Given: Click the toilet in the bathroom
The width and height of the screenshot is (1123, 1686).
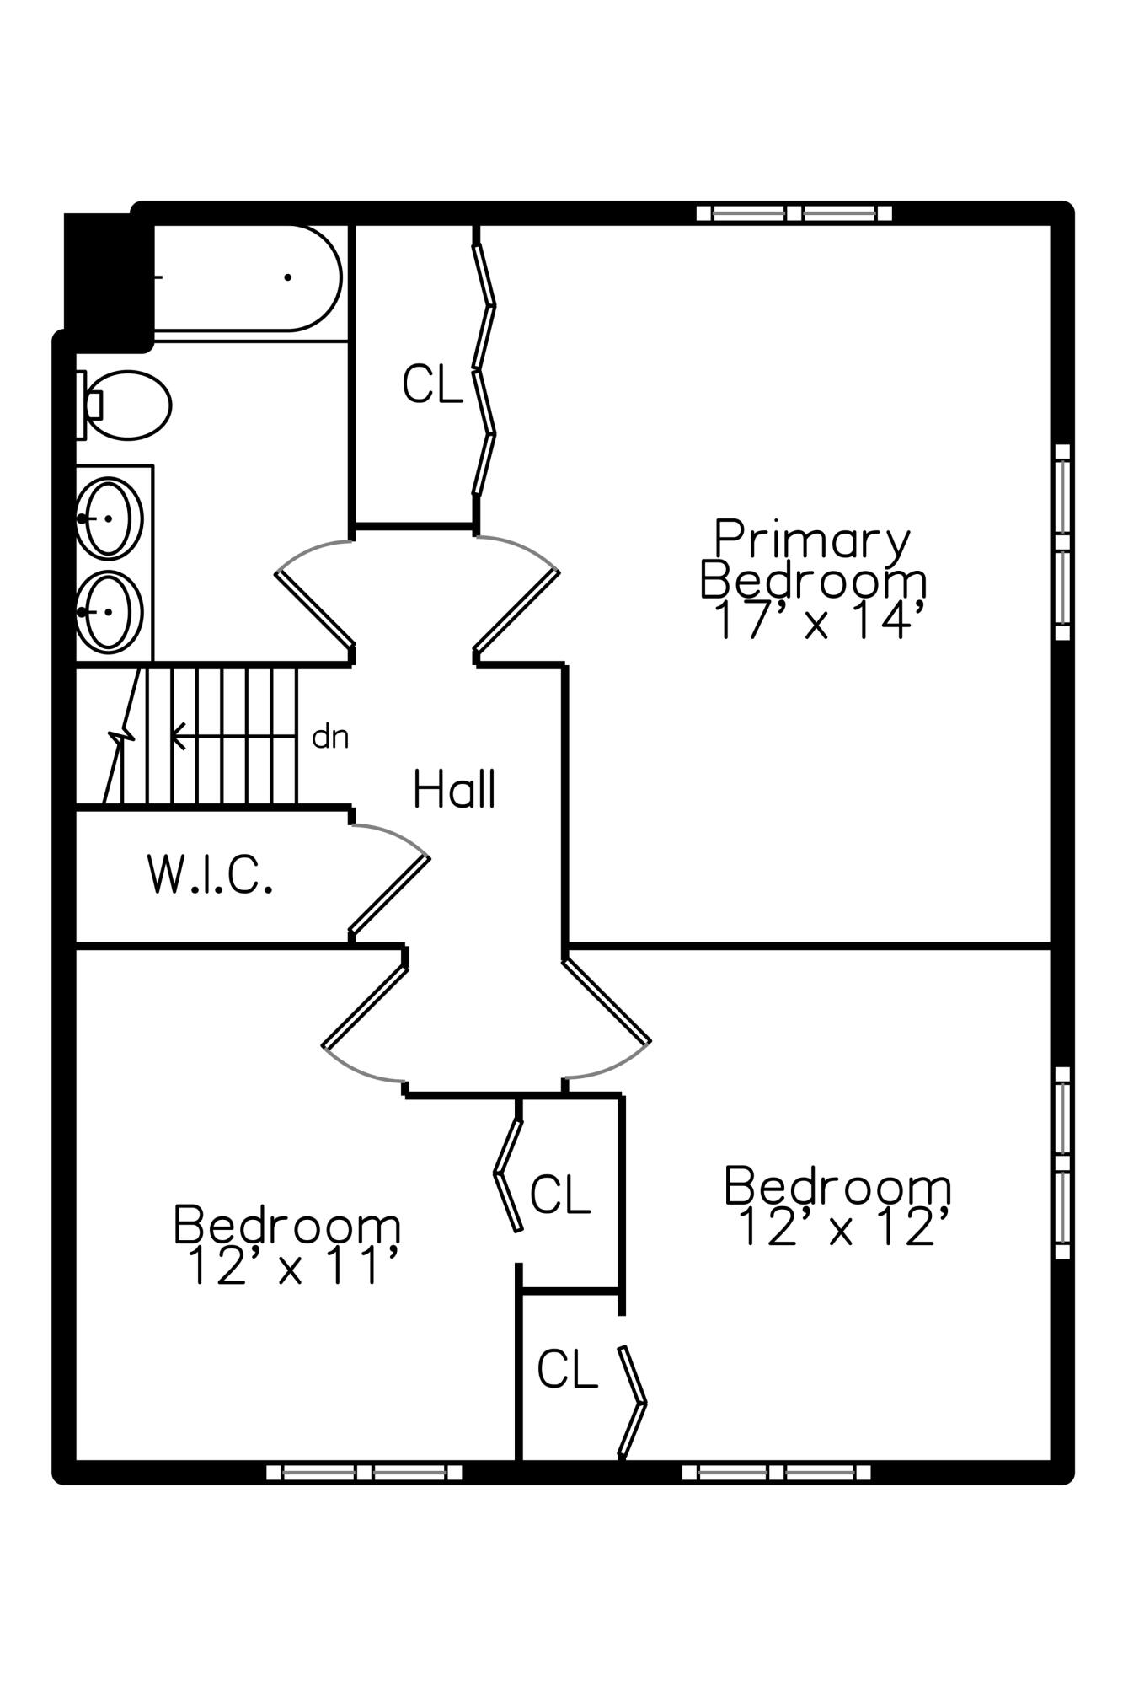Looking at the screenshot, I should [126, 405].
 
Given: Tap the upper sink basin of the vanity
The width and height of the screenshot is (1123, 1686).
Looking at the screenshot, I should [110, 518].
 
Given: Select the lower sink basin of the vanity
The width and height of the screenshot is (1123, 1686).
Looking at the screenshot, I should [110, 611].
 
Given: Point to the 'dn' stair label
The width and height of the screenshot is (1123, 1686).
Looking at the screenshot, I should [329, 737].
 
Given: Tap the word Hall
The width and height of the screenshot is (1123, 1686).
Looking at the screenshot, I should [454, 790].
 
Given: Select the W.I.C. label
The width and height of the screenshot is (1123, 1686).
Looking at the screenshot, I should [210, 874].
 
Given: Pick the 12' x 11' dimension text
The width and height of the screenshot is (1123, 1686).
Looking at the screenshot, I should [289, 1266].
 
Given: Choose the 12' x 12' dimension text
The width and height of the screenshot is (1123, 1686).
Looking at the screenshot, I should [842, 1227].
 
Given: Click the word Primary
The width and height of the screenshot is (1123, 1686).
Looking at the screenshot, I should [812, 540].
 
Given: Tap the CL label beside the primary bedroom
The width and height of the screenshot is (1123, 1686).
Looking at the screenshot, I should [432, 384].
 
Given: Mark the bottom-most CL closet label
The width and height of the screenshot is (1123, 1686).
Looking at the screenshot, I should [567, 1369].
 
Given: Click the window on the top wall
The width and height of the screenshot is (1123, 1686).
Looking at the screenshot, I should [794, 212].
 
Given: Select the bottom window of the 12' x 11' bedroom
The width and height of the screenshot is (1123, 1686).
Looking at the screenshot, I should [364, 1473].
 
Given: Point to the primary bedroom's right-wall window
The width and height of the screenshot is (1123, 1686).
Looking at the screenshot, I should [1062, 542].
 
